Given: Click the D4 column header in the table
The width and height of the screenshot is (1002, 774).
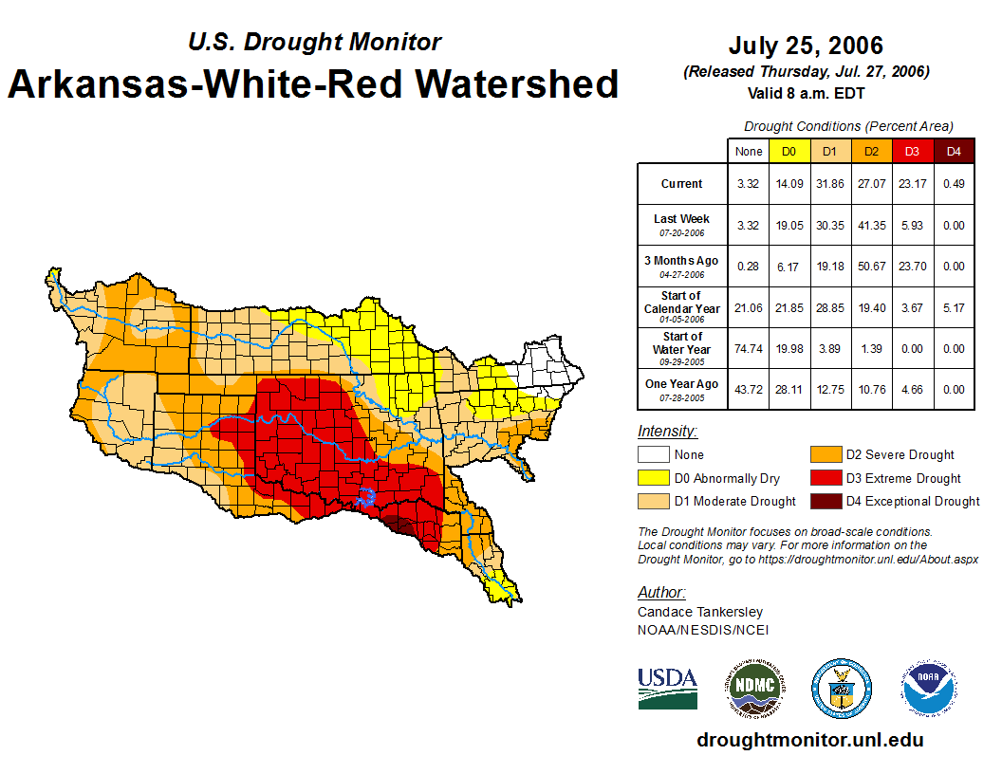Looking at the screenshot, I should [x=954, y=151].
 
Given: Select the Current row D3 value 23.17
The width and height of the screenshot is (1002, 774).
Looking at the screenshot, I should [x=913, y=184].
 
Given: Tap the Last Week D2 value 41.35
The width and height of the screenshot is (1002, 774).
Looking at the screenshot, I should [x=872, y=225].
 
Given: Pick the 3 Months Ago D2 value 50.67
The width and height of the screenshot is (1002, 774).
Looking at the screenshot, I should [x=872, y=267].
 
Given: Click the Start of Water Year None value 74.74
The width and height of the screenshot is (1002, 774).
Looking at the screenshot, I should [x=749, y=349].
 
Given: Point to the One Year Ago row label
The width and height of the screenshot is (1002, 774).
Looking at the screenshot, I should [x=681, y=388].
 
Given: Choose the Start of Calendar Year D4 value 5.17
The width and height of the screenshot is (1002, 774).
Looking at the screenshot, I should [x=954, y=308].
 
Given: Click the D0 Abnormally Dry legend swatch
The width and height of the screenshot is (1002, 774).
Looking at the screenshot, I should [x=652, y=478].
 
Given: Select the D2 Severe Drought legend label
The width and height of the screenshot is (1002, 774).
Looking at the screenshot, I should [x=900, y=455].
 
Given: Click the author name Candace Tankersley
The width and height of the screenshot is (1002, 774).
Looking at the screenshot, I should [x=700, y=612].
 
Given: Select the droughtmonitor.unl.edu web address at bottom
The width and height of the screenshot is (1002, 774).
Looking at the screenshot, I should [x=809, y=740].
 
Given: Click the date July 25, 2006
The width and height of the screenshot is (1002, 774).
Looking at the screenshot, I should [x=806, y=46].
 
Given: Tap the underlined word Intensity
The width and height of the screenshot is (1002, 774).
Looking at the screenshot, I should [x=667, y=432].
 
